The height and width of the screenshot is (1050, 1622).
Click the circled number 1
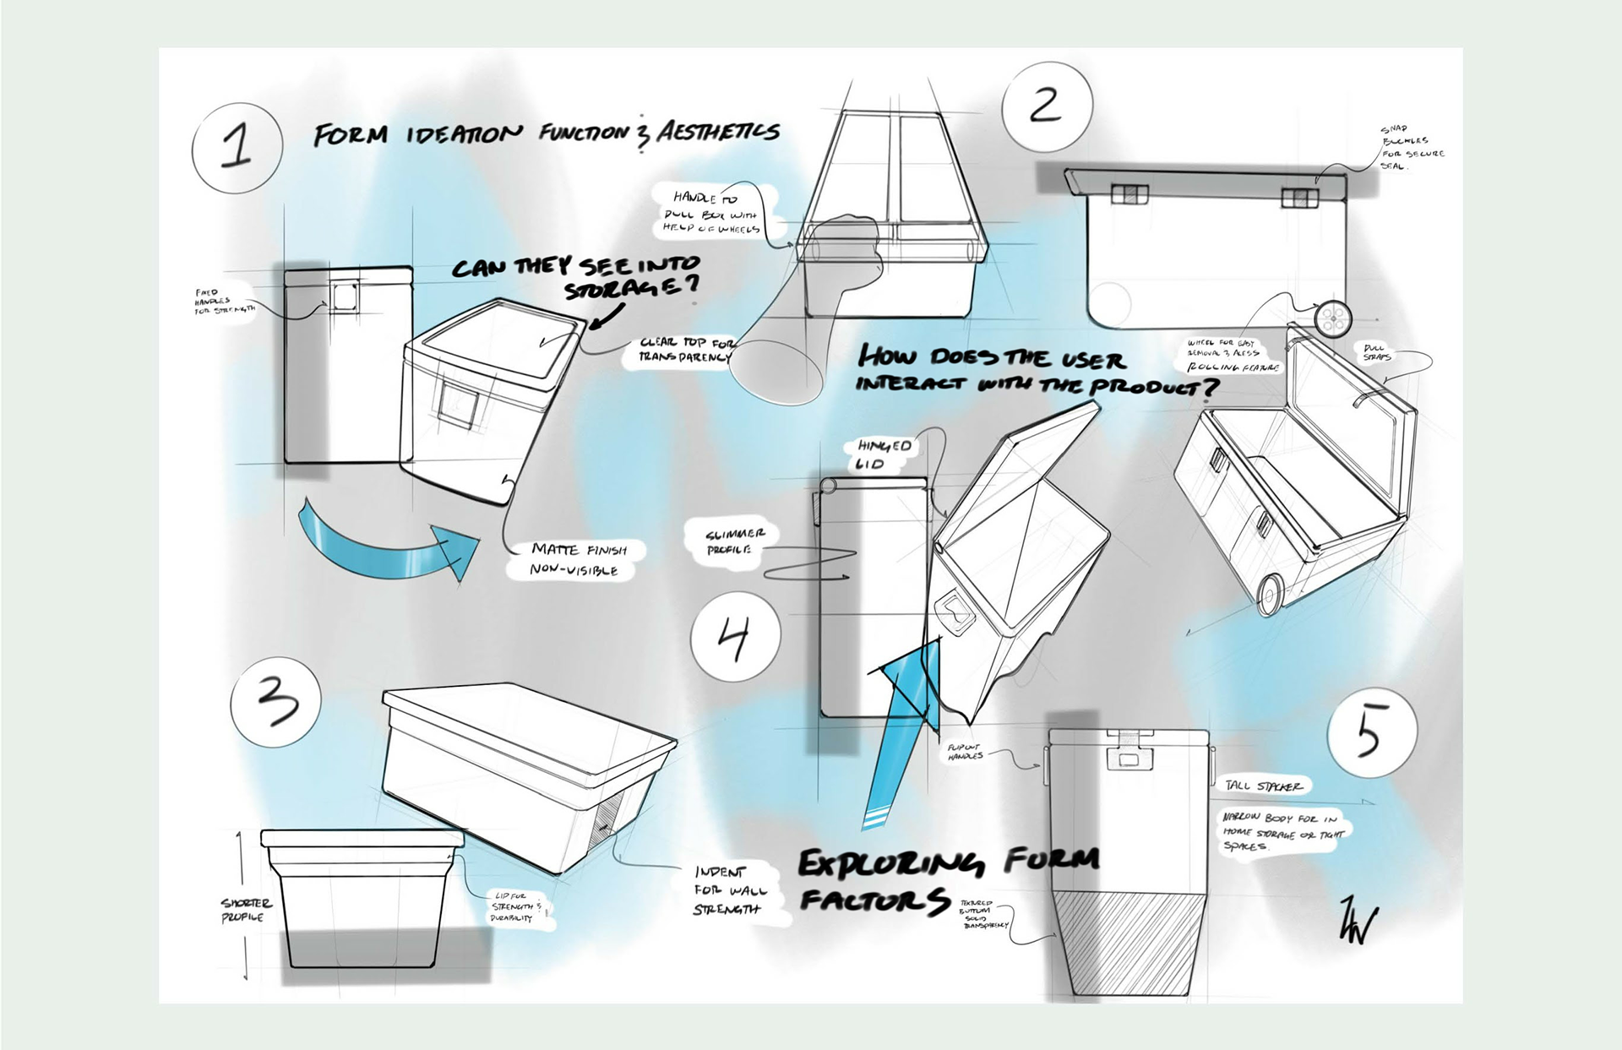click(237, 145)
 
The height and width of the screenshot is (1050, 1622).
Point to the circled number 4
click(734, 634)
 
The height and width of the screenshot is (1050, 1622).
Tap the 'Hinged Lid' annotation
click(884, 454)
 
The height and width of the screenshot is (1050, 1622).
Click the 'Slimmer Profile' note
click(735, 541)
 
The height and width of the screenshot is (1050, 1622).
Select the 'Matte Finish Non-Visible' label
click(578, 559)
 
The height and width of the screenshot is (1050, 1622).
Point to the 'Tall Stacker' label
click(1264, 786)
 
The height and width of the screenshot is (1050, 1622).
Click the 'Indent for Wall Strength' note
click(730, 890)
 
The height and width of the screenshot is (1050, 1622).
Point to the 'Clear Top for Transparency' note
click(687, 350)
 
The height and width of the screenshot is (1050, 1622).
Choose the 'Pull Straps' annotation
click(1376, 352)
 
